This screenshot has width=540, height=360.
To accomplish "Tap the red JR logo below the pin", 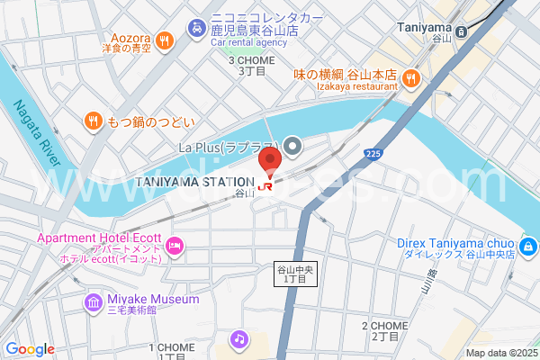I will click(x=265, y=186).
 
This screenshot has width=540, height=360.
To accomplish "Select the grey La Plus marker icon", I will click(x=292, y=145).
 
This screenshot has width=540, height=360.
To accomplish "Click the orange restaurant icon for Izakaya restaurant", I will click(x=409, y=78).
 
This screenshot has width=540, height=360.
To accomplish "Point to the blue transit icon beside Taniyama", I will click(x=462, y=31).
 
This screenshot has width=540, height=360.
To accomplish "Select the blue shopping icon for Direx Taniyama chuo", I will click(x=529, y=245).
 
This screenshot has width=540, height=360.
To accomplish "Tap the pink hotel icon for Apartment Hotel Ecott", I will click(x=175, y=245).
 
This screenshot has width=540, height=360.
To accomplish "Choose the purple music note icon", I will click(x=238, y=339).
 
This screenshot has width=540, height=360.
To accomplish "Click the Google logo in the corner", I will click(x=29, y=349).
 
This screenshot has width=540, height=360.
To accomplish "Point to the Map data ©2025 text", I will click(x=500, y=353).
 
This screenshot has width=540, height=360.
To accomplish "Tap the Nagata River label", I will click(x=36, y=132).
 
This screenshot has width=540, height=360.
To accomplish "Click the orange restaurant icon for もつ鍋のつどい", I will click(x=92, y=120).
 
